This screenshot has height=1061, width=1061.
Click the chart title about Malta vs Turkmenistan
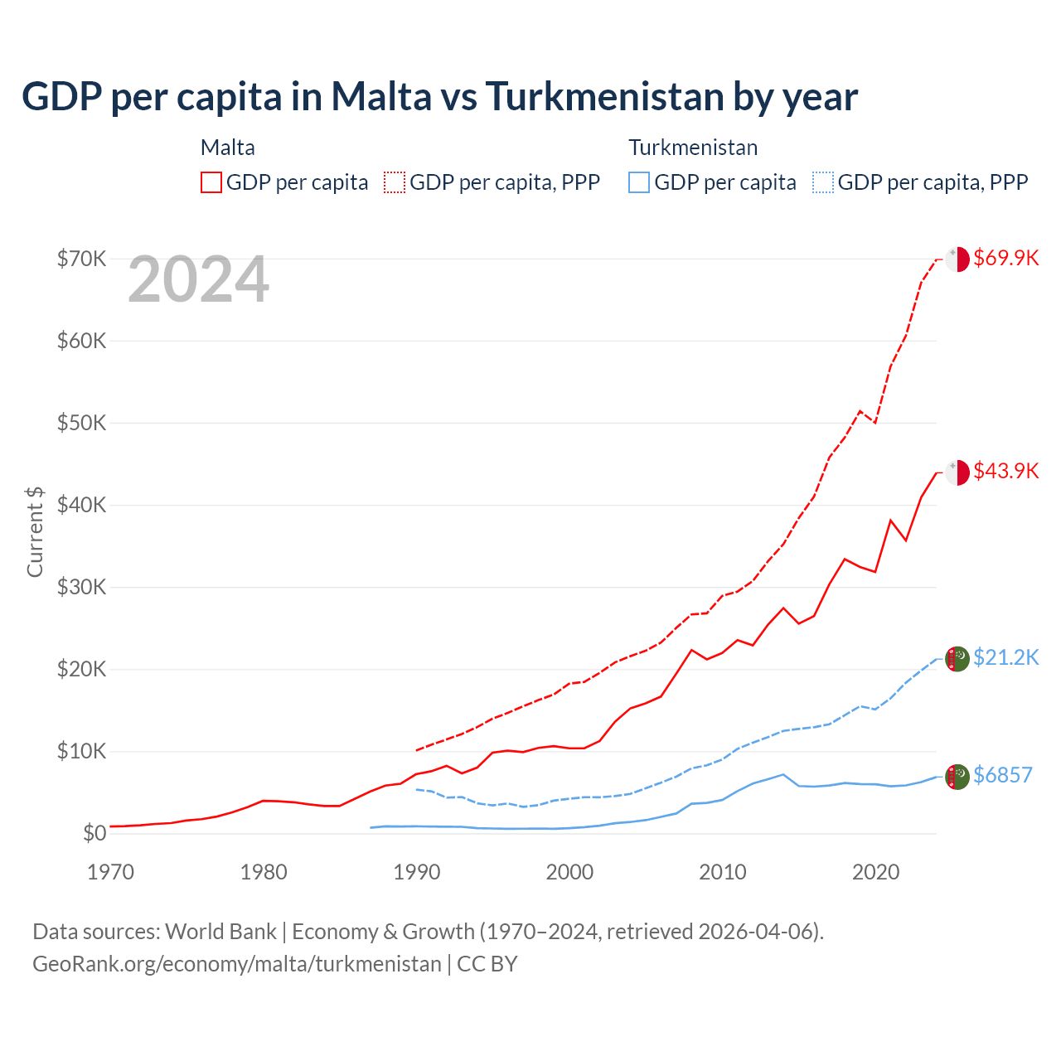click(x=439, y=97)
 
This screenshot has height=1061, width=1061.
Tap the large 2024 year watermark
click(x=199, y=280)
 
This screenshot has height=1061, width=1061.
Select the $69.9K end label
click(x=1005, y=258)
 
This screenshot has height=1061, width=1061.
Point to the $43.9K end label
click(x=1005, y=471)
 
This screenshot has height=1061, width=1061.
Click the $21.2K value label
click(x=1005, y=657)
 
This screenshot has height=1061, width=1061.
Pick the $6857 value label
click(x=1002, y=775)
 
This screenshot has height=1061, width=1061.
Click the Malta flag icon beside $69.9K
click(x=957, y=259)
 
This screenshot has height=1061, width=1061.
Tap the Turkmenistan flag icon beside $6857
click(x=957, y=777)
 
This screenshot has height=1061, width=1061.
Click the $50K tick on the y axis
click(x=81, y=423)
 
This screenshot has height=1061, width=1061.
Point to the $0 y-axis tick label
click(x=94, y=833)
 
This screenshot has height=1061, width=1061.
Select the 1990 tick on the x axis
click(x=417, y=872)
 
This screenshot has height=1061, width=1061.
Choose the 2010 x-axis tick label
click(x=723, y=872)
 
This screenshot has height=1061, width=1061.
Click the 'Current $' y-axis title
click(x=35, y=531)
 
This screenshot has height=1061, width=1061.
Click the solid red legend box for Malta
click(x=211, y=182)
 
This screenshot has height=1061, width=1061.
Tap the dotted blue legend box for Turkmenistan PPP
click(x=823, y=182)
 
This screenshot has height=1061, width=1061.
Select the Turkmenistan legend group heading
click(x=693, y=148)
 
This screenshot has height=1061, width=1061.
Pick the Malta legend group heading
click(x=228, y=148)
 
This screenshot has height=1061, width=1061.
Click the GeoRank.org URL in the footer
click(x=237, y=964)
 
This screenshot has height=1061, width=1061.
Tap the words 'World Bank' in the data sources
click(x=220, y=932)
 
